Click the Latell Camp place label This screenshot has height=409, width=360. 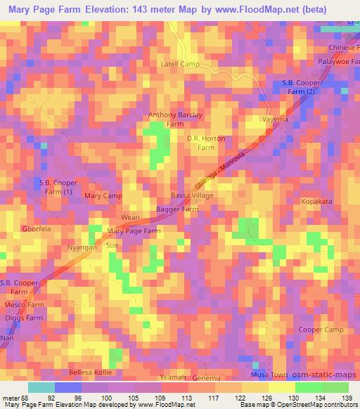coord(181,64)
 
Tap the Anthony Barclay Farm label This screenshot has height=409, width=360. coord(175,119)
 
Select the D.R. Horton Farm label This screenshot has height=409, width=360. coord(206,143)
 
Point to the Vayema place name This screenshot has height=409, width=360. coord(276,119)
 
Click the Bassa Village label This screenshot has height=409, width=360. coord(192,196)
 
